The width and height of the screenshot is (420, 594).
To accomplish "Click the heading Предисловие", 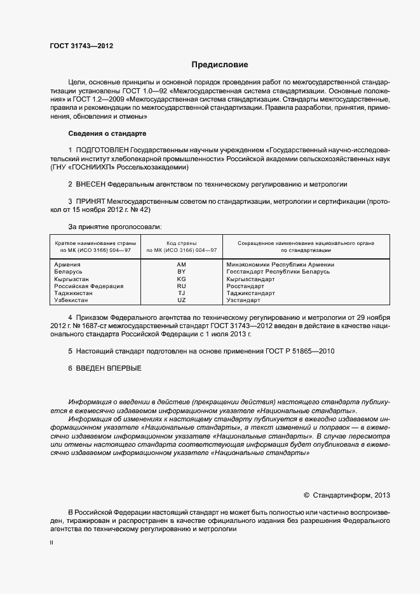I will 220,65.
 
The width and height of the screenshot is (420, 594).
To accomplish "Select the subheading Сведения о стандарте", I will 107,134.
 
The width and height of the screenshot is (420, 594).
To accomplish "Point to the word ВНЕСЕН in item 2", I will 90,184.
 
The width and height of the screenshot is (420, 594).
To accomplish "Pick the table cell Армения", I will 67,265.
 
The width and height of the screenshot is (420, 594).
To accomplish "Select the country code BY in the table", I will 181,272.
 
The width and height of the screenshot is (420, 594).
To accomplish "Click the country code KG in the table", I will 181,279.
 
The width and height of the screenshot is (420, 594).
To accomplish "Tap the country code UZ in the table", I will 181,300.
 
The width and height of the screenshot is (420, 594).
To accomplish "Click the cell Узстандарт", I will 244,300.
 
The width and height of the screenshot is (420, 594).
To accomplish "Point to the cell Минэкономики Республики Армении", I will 280,265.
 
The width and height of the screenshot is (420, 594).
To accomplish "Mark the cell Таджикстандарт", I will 250,293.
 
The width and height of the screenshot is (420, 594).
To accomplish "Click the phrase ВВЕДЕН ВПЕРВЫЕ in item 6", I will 109,368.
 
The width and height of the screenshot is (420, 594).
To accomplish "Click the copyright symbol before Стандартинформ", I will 307,494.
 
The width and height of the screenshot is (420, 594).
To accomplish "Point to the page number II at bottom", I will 51,544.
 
